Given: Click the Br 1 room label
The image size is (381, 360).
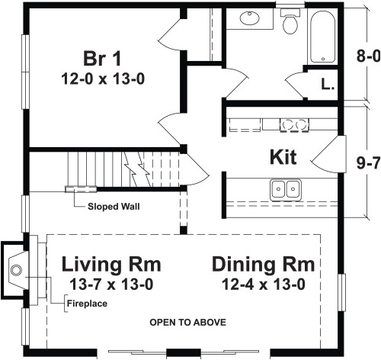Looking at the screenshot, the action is [x=102, y=59].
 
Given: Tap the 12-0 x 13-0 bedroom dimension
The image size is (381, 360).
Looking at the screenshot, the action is [x=103, y=79].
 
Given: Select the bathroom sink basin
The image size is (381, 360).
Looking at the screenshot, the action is [x=250, y=18].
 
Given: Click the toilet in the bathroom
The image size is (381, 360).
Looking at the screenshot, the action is [x=290, y=21].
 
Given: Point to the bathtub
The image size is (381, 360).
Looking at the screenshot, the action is [x=322, y=37].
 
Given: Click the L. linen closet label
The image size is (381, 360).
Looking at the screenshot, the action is [x=328, y=84].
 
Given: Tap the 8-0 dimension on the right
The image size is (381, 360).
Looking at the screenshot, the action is [x=369, y=56].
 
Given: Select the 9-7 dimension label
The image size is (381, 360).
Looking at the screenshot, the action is [x=369, y=163].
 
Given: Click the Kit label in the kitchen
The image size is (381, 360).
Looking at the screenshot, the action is [x=283, y=157].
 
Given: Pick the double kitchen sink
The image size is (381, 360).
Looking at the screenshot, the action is [x=286, y=189].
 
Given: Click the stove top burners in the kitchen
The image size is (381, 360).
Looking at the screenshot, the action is [x=295, y=125].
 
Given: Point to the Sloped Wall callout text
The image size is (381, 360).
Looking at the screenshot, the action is [x=114, y=206].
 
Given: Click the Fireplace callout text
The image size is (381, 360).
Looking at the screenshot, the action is [x=87, y=304].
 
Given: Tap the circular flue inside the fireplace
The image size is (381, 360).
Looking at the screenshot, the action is [x=16, y=270].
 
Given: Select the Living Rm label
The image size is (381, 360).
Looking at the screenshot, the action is [x=111, y=265].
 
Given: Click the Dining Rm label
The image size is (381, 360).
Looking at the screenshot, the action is [x=264, y=265].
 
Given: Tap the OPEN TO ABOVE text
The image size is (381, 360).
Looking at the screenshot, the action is [x=188, y=323].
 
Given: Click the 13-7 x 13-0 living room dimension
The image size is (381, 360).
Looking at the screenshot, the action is [x=111, y=284].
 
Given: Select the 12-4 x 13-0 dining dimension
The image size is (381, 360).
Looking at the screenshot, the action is [x=264, y=284].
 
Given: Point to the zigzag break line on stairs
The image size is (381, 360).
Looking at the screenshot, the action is [x=137, y=169].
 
